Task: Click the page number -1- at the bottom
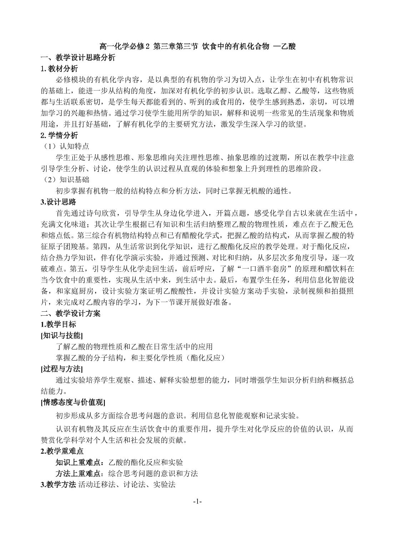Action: (197, 501)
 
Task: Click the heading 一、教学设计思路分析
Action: (78, 57)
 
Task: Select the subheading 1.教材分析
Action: (59, 68)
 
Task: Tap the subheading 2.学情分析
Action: (59, 135)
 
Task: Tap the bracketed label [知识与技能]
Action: (62, 335)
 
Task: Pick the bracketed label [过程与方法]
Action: (62, 369)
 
